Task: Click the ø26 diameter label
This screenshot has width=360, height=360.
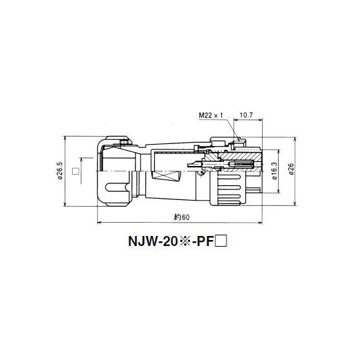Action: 291,171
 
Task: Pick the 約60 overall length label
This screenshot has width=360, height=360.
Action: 182,217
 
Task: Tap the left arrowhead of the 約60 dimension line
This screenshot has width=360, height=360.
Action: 100,223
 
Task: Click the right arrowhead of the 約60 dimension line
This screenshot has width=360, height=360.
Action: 261,223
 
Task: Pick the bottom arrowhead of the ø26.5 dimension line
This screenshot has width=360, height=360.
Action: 64,206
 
